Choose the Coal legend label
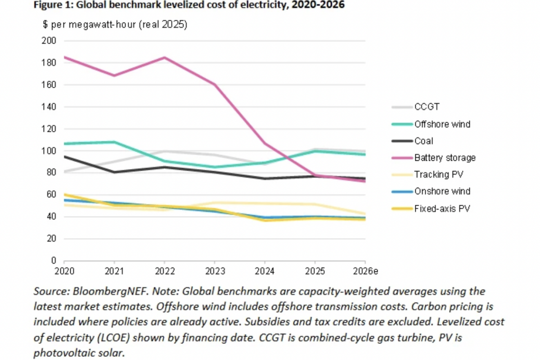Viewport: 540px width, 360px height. [424, 141]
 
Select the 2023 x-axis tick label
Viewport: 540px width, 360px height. [214, 271]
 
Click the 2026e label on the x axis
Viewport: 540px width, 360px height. [364, 271]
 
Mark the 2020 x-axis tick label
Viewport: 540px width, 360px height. [64, 271]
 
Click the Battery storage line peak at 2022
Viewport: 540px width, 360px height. [164, 58]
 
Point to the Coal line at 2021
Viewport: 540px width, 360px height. [114, 172]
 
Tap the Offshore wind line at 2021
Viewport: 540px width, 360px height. [114, 142]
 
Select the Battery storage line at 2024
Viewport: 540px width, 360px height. [265, 144]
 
